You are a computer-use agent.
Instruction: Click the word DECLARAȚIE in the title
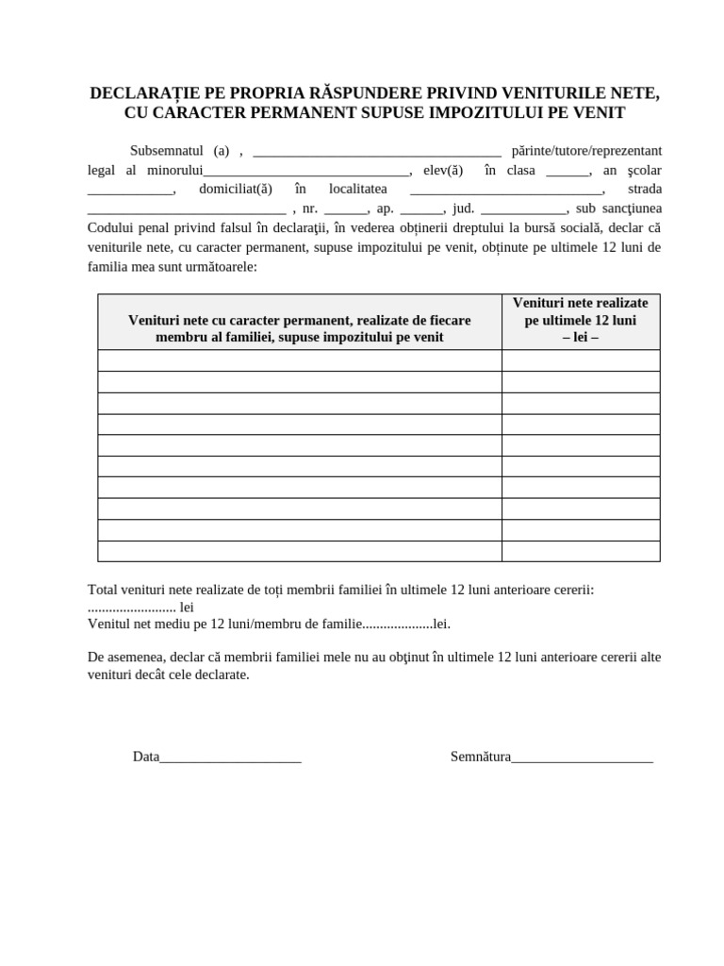(x=145, y=93)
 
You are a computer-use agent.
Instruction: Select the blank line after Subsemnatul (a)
(x=377, y=151)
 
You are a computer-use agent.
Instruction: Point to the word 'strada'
(x=645, y=190)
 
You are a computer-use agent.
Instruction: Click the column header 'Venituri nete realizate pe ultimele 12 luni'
(x=581, y=320)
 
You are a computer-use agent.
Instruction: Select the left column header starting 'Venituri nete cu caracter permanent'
(x=299, y=328)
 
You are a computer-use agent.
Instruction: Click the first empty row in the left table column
(x=299, y=360)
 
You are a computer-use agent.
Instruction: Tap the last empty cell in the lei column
(x=581, y=551)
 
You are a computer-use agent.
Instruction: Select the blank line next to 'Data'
(x=231, y=757)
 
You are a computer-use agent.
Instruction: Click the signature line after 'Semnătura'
(x=582, y=757)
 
